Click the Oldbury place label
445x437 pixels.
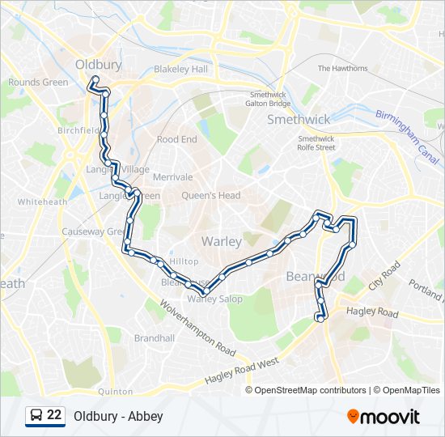tap(98, 64)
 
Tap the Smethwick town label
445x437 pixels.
tap(299, 120)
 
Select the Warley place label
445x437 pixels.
tap(221, 241)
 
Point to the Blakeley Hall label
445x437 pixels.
tap(181, 70)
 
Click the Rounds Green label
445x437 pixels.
tap(38, 82)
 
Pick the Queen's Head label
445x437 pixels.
tap(211, 195)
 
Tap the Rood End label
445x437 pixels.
tap(176, 139)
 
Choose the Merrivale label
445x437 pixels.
tap(172, 176)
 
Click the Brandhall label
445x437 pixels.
tap(155, 337)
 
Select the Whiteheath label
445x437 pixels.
tap(42, 202)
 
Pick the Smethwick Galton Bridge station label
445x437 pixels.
tap(269, 99)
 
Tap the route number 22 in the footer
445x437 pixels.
tap(54, 415)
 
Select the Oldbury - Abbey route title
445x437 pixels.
tap(118, 416)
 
